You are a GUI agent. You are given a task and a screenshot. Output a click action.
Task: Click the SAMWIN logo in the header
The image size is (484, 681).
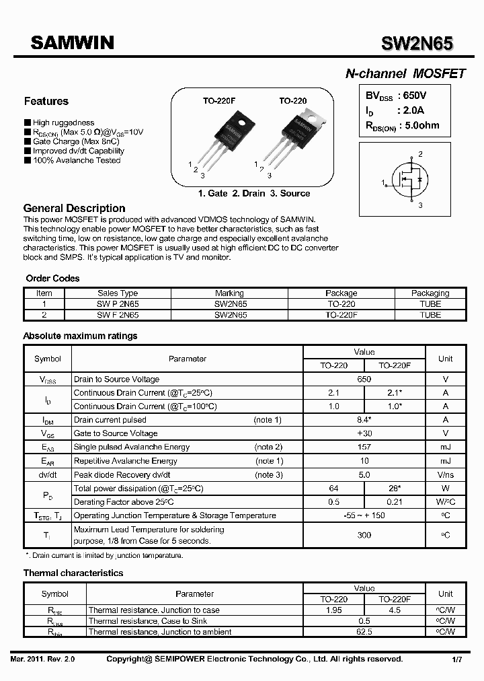[x=72, y=43]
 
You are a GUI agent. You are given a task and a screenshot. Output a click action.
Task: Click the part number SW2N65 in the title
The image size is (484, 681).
[x=417, y=44]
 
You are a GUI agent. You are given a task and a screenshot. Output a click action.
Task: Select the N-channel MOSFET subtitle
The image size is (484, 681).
[x=405, y=74]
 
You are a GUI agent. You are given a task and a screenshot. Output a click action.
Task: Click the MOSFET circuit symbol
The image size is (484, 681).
[x=409, y=182]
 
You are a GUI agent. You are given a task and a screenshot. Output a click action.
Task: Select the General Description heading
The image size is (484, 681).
[x=74, y=208]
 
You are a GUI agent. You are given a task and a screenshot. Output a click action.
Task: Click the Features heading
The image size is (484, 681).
[x=46, y=101]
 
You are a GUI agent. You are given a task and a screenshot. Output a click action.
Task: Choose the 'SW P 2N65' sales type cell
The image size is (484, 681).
[x=118, y=304]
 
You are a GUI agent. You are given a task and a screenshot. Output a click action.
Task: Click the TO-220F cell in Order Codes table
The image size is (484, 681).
[x=341, y=314]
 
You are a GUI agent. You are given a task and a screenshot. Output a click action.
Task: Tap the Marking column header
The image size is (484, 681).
[x=229, y=293]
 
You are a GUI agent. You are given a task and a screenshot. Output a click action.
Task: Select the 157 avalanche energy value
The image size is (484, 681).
[x=364, y=447]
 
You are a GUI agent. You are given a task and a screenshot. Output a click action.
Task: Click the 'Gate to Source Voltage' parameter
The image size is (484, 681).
[x=116, y=433]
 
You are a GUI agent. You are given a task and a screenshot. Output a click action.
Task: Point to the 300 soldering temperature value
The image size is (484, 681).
[x=364, y=535]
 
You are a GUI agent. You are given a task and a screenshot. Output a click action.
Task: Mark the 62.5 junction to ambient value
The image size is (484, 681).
[x=364, y=632]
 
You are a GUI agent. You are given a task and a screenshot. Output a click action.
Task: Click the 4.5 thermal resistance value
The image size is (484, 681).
[x=394, y=610]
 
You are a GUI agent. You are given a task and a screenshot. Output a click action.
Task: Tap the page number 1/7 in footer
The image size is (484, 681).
[x=456, y=659]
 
